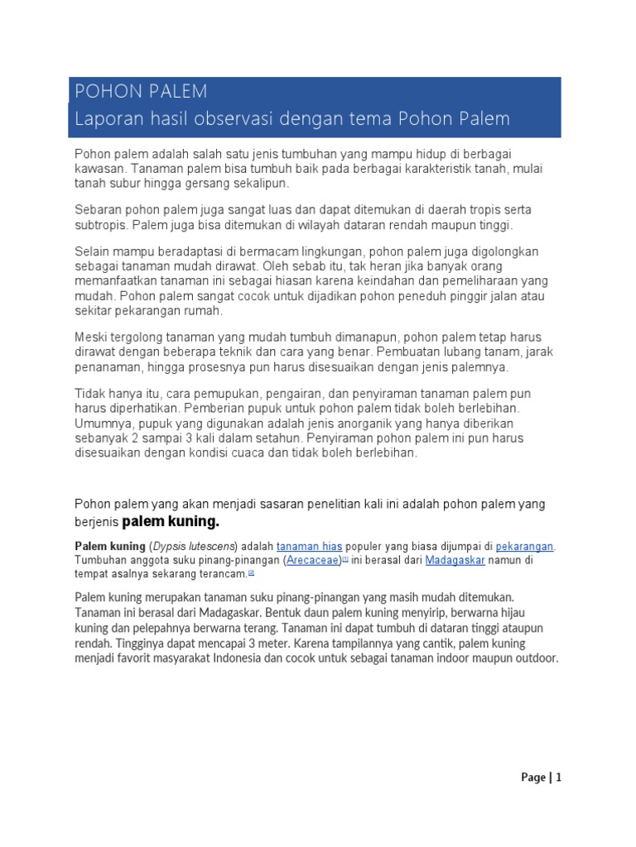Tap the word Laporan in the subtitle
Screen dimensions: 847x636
tap(104, 119)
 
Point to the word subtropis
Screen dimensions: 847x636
tap(101, 225)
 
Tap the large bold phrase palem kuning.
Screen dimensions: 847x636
tap(171, 522)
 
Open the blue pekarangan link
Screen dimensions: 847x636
tap(524, 547)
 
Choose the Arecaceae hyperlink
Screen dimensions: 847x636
tap(315, 560)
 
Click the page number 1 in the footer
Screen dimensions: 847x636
tap(559, 777)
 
